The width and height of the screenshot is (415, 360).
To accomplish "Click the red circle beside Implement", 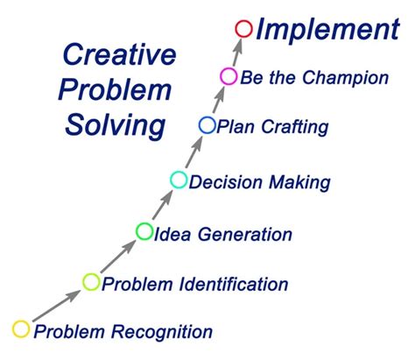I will [x=244, y=29].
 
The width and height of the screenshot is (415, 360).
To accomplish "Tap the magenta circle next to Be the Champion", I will [x=229, y=76].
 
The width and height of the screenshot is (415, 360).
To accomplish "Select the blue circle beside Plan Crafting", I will [x=207, y=126].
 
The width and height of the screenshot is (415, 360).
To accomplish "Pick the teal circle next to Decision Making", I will [x=179, y=180].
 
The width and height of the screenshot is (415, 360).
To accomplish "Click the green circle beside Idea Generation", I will [x=144, y=231].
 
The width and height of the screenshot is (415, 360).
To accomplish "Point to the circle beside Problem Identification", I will [x=92, y=281].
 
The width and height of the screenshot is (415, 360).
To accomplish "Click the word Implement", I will [x=327, y=31].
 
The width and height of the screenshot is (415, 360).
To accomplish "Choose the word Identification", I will [x=232, y=284].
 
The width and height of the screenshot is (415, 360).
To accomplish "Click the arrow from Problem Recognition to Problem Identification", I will [x=57, y=306].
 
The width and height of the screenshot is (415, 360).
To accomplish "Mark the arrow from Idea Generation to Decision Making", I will [x=162, y=206].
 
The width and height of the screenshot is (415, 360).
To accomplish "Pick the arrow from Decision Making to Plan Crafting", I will [x=193, y=153].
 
